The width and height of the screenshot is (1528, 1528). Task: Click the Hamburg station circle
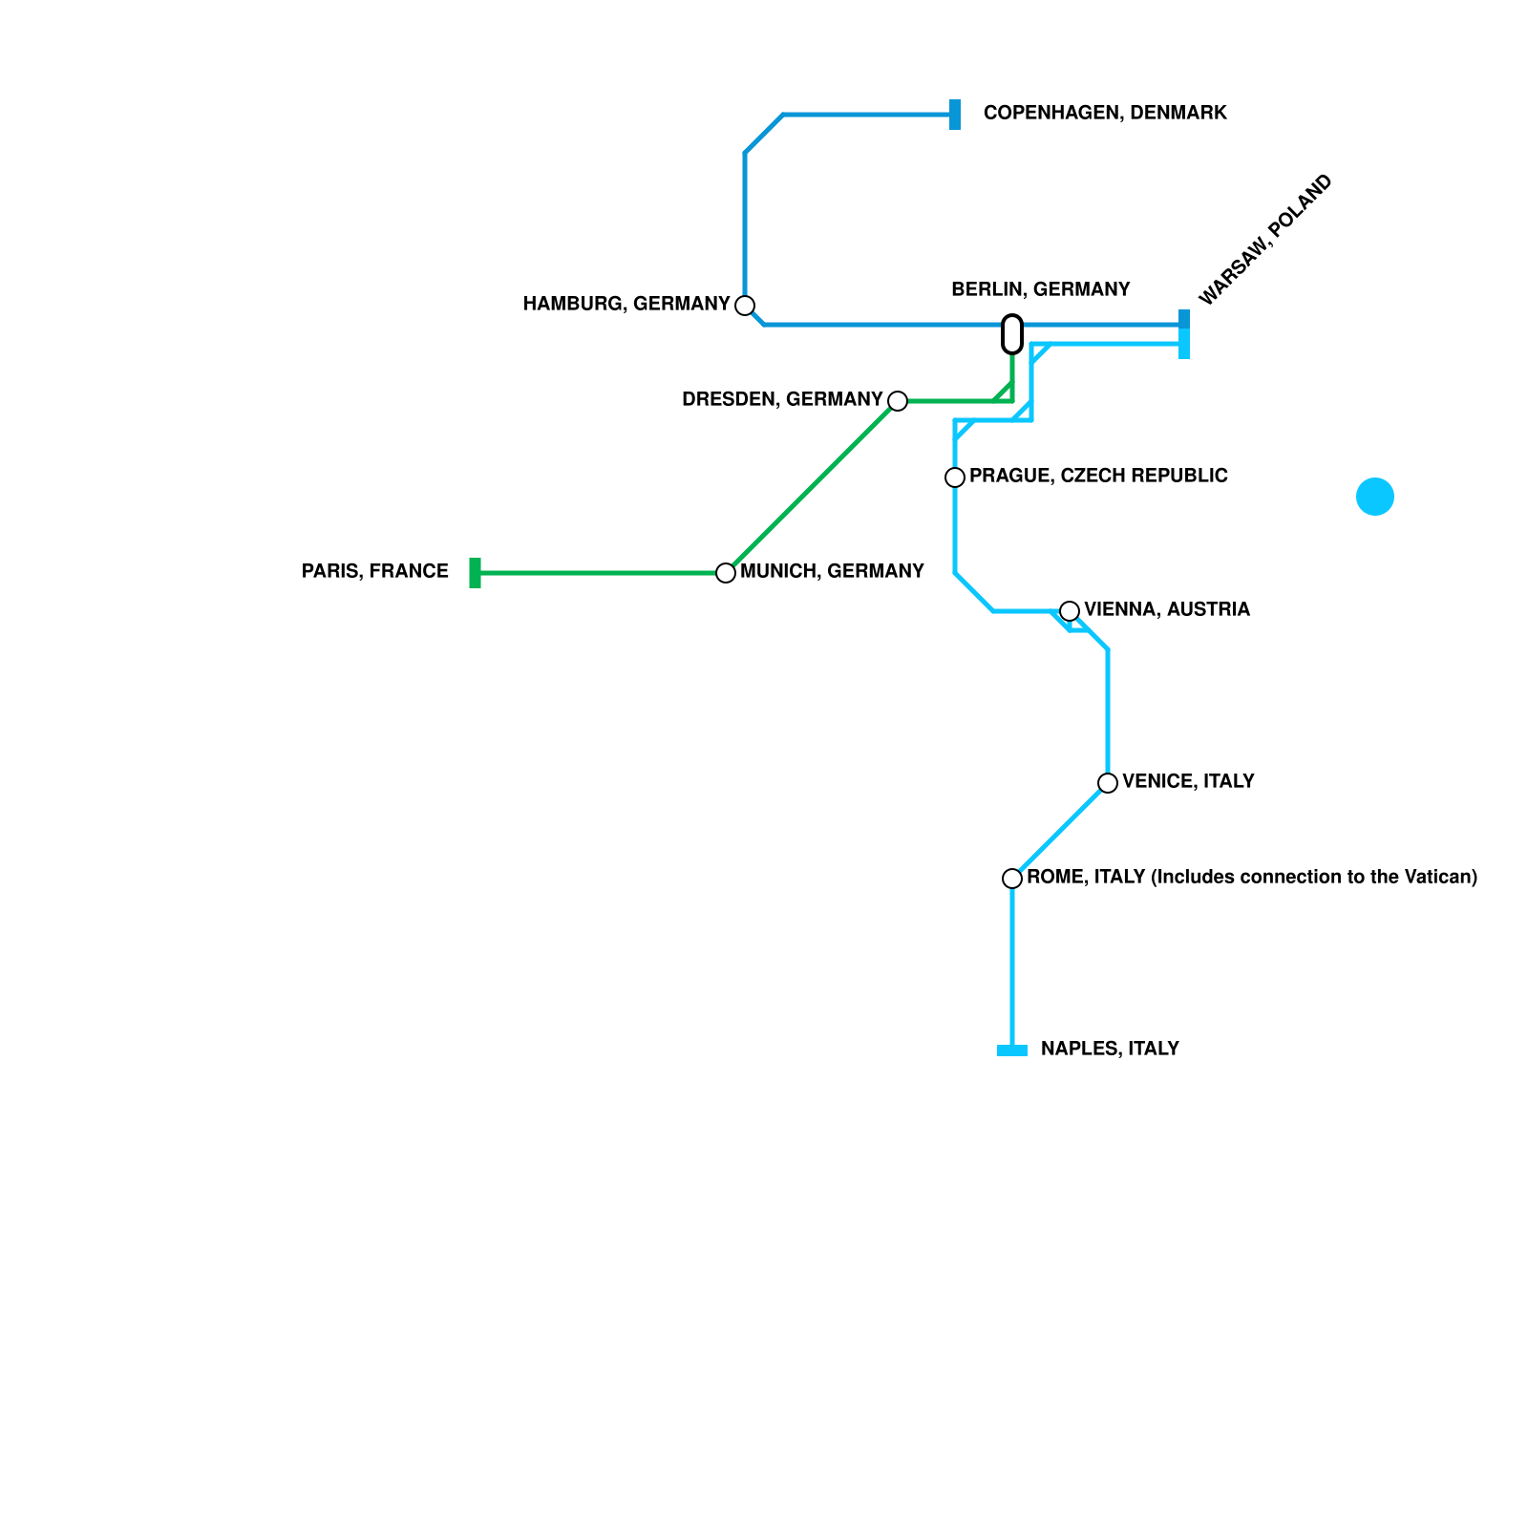[745, 306]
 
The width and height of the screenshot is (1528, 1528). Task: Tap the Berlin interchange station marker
[1012, 334]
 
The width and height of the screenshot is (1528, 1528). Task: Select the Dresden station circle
[898, 401]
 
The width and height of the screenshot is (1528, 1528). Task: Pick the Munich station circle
[726, 573]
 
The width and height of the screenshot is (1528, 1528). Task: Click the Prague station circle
[955, 477]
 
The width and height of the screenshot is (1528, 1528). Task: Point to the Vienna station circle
[1070, 611]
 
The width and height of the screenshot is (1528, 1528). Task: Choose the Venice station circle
[1108, 783]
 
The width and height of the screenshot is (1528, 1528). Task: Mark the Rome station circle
[1012, 879]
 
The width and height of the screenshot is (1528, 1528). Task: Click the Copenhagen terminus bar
[955, 115]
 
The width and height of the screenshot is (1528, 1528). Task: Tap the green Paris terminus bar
[476, 573]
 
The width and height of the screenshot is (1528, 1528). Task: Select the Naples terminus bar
[1012, 1050]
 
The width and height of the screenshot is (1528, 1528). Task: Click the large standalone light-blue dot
[1375, 497]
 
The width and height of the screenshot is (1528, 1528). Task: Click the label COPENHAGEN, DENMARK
[1105, 114]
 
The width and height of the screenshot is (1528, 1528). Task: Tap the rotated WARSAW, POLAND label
[1264, 240]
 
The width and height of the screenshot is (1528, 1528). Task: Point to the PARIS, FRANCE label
[375, 572]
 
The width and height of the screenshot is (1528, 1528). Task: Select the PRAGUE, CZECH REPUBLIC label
[1098, 477]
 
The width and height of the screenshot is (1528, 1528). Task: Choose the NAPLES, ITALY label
[1110, 1050]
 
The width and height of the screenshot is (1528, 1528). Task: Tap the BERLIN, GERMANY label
[1040, 289]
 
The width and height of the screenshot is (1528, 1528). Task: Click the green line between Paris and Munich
[602, 573]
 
